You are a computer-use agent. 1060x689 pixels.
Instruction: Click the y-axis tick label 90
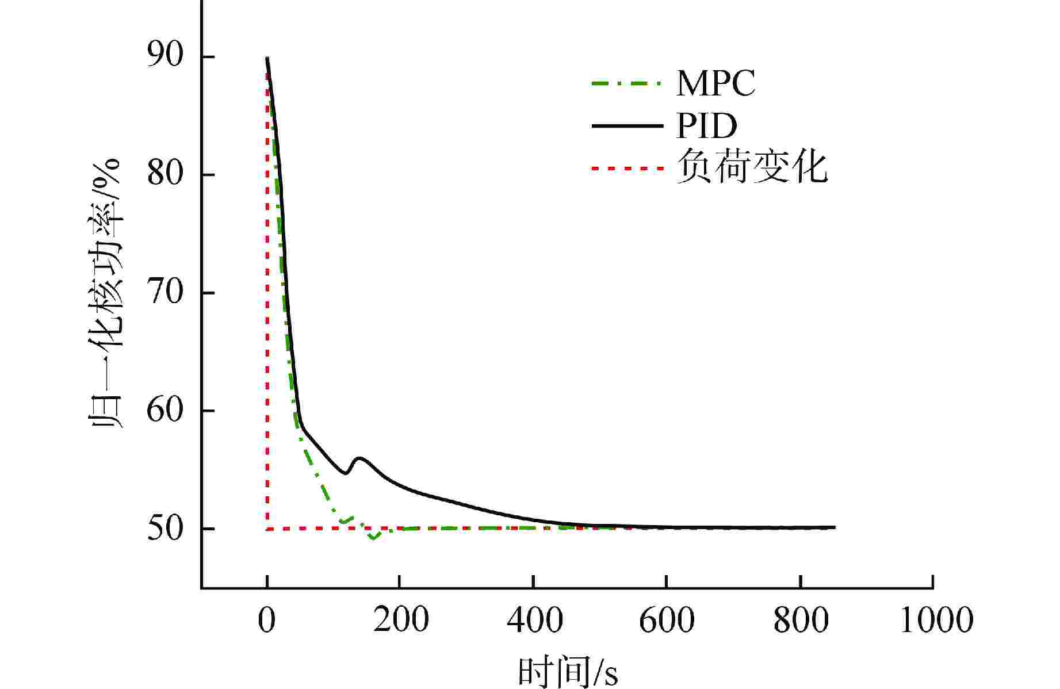tap(165, 58)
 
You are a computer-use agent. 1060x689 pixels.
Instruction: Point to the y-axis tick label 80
tap(165, 175)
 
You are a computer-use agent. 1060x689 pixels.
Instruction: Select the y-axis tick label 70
tap(165, 293)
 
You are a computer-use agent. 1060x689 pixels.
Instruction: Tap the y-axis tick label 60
tap(165, 411)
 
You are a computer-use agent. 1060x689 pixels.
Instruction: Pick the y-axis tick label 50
tap(165, 529)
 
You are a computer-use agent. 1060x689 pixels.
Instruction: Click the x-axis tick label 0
tap(267, 621)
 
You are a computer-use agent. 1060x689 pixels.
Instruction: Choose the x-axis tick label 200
tap(400, 621)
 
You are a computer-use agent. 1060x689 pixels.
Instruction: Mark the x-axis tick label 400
tap(534, 621)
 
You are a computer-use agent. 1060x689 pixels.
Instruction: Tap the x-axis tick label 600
tap(667, 621)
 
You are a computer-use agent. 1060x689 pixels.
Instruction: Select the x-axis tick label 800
tap(801, 621)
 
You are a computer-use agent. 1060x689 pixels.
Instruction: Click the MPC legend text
tap(715, 84)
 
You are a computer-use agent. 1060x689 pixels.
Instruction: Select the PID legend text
tap(706, 126)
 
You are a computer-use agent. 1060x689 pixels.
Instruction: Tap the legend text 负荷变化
tap(752, 167)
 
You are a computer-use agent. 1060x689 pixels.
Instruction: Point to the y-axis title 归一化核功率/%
tap(105, 292)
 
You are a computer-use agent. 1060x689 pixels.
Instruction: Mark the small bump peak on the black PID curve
tap(360, 458)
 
